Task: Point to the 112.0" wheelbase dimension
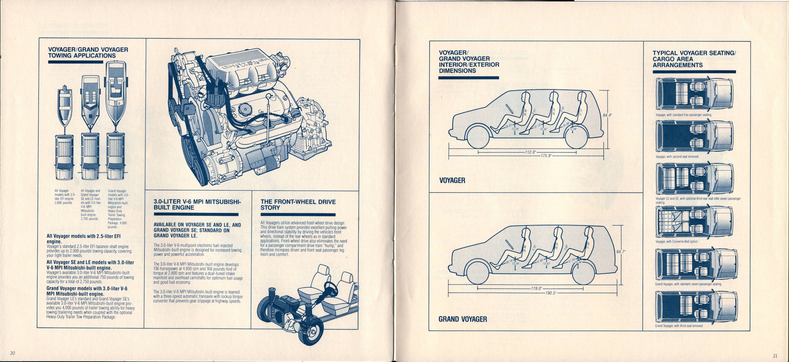click(530, 152)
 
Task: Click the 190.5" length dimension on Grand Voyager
click(550, 293)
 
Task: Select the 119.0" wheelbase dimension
click(536, 288)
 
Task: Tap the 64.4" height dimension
click(607, 115)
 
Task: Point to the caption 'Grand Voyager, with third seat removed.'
click(679, 326)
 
